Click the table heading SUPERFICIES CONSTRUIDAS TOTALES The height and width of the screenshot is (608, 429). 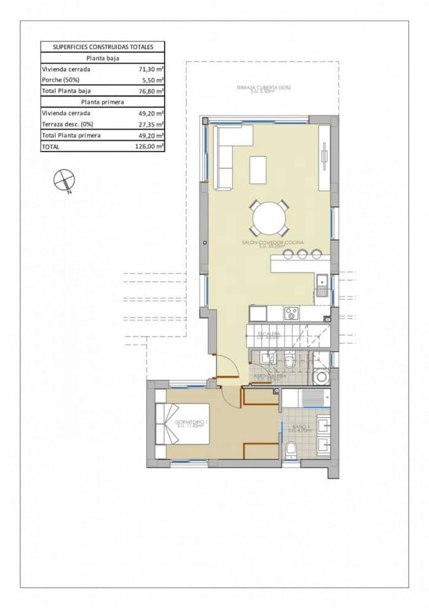coord(103,47)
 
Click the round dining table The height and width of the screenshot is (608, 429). coord(269,218)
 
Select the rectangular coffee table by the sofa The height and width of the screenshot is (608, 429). coord(258,170)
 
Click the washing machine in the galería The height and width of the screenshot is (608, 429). coord(321,377)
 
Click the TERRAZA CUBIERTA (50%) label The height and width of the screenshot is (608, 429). coord(263,89)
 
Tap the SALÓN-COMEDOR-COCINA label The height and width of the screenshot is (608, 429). coord(272,244)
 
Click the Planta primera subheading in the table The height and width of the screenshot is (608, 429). coord(103,102)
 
